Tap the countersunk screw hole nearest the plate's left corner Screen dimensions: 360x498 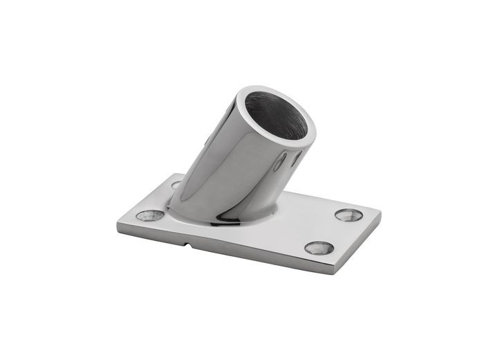150,215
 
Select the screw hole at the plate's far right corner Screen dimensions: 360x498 349,215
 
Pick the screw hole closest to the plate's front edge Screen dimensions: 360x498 319,248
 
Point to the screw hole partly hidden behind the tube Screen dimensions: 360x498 176,185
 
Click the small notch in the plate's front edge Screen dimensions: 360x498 188,244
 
